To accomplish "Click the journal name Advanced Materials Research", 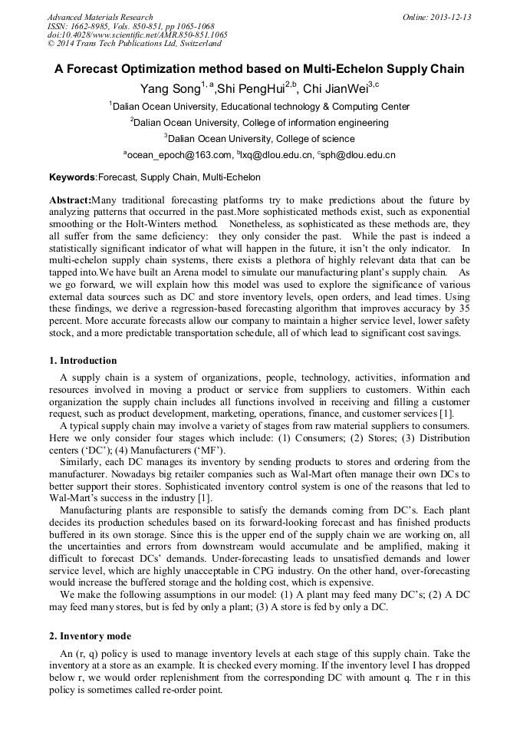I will tap(100, 17).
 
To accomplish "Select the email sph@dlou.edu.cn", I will tap(360, 155).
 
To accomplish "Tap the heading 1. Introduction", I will tap(83, 361).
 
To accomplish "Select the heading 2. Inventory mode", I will tap(90, 636).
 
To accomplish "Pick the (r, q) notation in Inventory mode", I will tap(86, 654).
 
